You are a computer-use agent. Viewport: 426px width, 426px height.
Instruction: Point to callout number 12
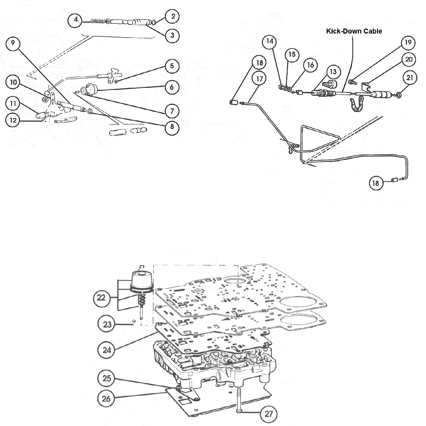pos(13,120)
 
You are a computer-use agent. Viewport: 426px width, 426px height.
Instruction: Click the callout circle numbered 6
pos(172,86)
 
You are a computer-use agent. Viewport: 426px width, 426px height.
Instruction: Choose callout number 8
pos(172,127)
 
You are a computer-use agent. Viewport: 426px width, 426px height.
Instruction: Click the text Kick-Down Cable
pos(354,31)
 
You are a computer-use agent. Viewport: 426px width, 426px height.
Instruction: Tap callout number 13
pos(333,72)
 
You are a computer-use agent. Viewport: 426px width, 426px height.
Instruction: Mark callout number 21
pos(409,78)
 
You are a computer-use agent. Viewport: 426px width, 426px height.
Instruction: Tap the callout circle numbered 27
pos(269,413)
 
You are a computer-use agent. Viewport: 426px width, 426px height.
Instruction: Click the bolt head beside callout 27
pos(239,411)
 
